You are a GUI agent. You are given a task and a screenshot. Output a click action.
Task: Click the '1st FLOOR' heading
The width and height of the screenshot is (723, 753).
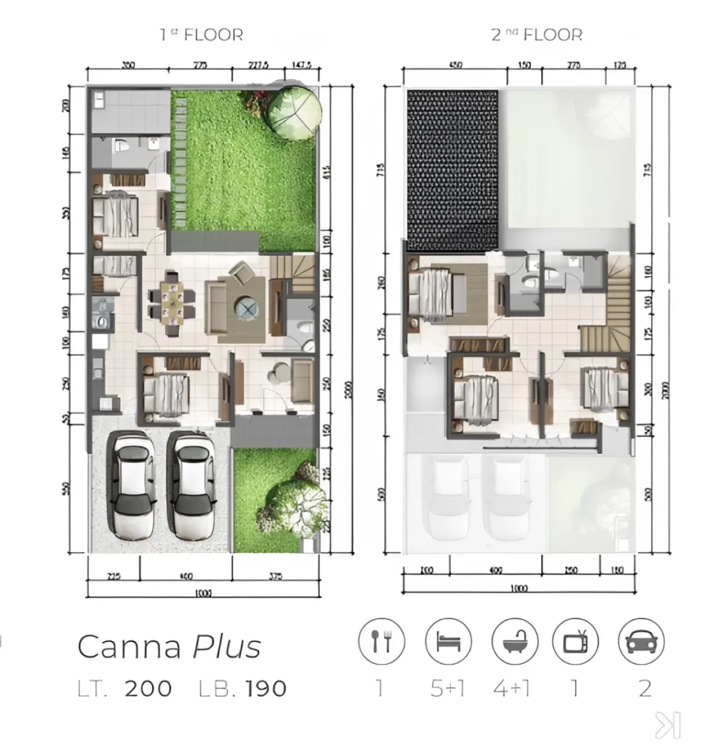pos(201,34)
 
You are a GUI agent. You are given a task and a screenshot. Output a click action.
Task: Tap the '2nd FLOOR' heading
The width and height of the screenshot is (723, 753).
pos(537,34)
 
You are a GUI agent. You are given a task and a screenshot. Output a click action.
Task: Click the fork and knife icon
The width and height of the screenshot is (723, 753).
pos(381,641)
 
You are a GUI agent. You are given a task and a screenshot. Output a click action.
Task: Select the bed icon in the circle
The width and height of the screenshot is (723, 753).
pos(448,641)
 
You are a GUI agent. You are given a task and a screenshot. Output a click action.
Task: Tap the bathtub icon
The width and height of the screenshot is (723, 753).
pos(514,641)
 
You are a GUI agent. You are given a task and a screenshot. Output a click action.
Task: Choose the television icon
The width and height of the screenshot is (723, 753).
pos(575,641)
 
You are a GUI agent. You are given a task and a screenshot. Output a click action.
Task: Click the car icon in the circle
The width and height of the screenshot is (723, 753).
pos(642,641)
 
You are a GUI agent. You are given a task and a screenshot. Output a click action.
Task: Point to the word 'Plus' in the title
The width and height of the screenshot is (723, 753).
pos(227,647)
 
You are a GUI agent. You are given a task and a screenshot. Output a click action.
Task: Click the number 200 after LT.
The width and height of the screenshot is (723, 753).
pos(148,688)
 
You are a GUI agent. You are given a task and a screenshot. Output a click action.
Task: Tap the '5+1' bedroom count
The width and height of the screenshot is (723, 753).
pos(448,688)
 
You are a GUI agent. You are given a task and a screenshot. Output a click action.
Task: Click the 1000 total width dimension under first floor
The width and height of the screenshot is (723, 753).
pos(203,593)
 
